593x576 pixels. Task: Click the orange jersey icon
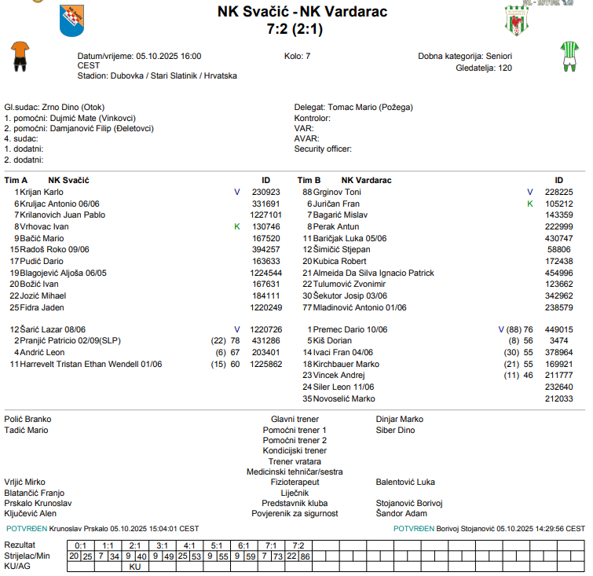point(19,56)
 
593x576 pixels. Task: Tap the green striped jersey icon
point(568,57)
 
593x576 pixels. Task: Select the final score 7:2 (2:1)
point(295,30)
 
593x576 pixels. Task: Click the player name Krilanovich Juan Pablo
point(62,215)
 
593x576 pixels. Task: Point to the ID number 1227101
point(265,215)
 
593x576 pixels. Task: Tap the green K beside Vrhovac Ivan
point(237,226)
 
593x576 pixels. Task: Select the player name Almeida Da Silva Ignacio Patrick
point(373,273)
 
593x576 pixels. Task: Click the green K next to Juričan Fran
point(530,204)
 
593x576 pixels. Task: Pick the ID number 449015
point(558,329)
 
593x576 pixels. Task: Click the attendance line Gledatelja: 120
point(483,68)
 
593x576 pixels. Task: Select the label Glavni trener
point(295,420)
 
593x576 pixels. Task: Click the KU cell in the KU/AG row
point(134,566)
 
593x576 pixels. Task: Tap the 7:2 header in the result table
point(298,545)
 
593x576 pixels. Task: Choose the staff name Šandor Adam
point(401,513)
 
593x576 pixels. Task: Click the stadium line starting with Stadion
point(157,76)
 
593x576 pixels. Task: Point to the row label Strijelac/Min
point(27,556)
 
